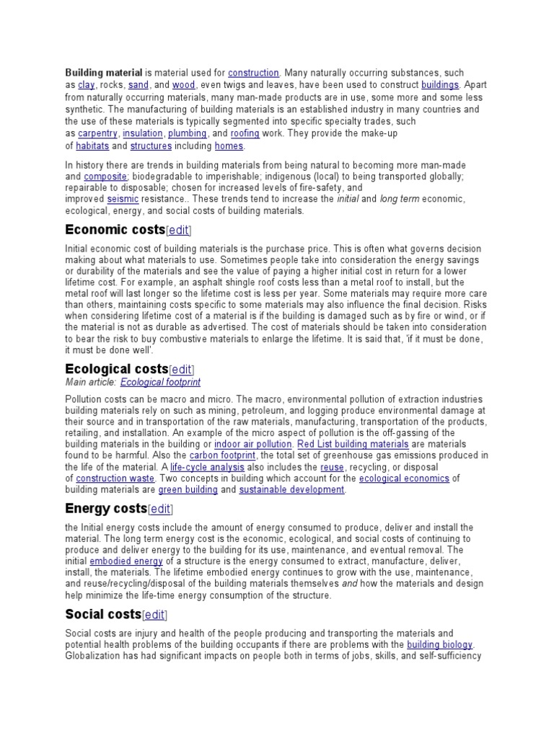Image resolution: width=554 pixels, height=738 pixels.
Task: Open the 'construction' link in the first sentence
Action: (253, 73)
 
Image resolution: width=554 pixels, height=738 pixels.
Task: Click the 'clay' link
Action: (86, 85)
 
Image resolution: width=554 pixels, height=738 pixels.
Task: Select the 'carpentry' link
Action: (98, 133)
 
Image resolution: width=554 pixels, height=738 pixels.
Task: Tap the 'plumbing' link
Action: (187, 133)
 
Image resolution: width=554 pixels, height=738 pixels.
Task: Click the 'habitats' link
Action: (92, 146)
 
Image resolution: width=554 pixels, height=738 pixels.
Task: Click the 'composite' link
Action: (105, 177)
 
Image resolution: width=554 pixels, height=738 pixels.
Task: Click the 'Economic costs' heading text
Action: (115, 230)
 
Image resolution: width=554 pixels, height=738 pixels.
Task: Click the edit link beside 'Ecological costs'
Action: (181, 370)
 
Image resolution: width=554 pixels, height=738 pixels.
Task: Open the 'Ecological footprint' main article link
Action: (160, 382)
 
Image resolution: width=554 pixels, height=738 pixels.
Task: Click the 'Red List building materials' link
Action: (343, 444)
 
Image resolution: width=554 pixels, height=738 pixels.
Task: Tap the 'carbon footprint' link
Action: (222, 455)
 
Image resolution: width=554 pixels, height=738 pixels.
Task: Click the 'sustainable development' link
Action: (291, 490)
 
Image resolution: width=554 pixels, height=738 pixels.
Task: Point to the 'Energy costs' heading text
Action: (106, 510)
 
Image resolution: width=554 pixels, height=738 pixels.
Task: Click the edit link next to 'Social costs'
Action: (154, 615)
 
